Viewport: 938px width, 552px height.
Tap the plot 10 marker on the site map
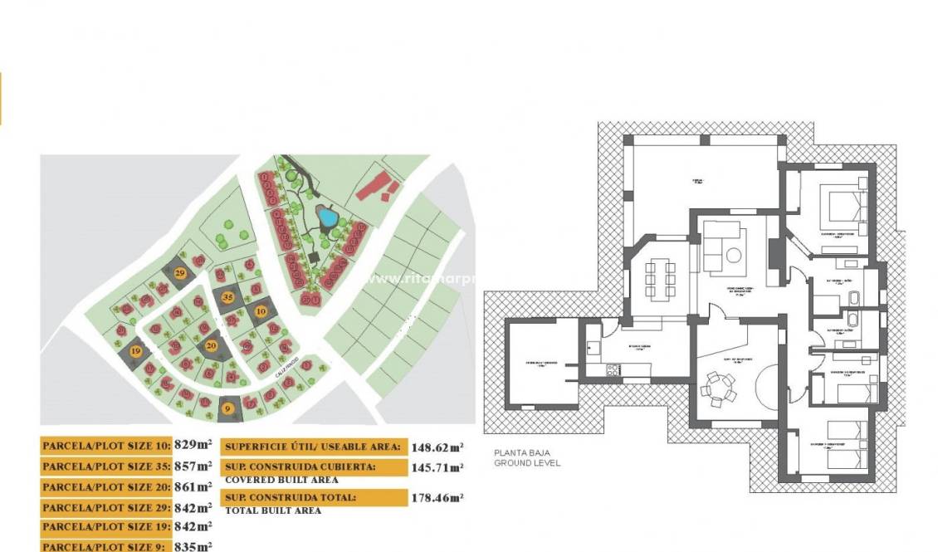click(261, 311)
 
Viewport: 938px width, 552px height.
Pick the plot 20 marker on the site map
click(212, 345)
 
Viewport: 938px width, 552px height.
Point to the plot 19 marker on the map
click(136, 352)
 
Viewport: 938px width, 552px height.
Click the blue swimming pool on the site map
click(329, 218)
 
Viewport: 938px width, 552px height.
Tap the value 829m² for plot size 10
click(193, 446)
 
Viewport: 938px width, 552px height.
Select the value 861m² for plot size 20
click(193, 486)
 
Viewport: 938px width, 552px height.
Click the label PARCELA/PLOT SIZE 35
click(106, 467)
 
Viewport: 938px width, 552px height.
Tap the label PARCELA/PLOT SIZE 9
click(106, 547)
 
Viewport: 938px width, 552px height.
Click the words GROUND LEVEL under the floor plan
click(527, 463)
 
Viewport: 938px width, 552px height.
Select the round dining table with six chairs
click(716, 387)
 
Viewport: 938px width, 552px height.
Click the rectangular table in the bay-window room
click(660, 275)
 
